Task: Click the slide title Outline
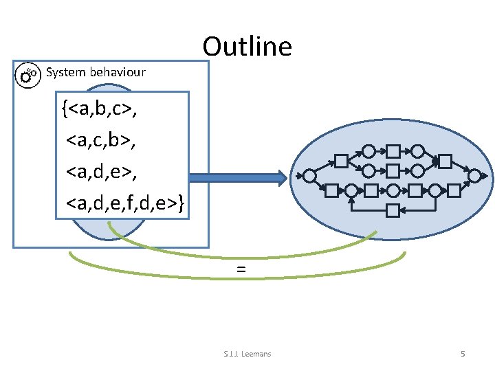(x=247, y=46)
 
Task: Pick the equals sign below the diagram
(x=241, y=270)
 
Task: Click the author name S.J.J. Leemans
(x=247, y=354)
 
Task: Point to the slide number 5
(x=463, y=354)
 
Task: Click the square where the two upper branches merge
(x=445, y=161)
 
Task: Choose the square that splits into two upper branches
(x=341, y=161)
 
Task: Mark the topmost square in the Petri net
(x=393, y=150)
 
